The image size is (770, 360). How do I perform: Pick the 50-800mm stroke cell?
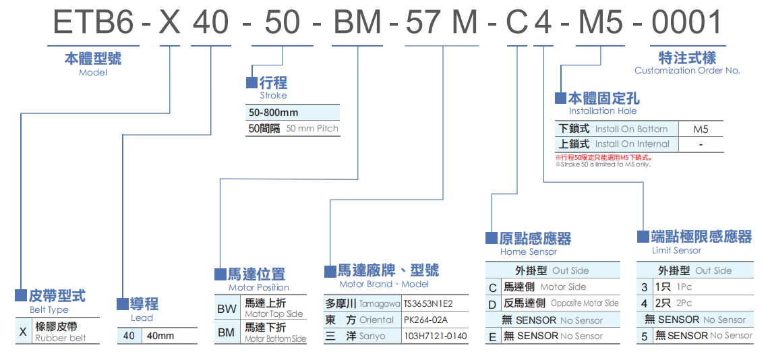pos(273,113)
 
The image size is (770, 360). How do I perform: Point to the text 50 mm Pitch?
pos(312,128)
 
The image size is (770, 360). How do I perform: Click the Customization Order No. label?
pos(686,70)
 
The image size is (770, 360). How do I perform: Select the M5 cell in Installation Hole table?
pos(701,129)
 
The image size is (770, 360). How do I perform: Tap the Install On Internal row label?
pos(632,144)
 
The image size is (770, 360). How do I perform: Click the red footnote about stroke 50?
pos(603,157)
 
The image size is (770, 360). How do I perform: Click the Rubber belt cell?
pos(61,332)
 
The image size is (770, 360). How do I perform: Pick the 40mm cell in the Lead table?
pos(160,336)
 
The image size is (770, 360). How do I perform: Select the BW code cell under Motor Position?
pos(227,309)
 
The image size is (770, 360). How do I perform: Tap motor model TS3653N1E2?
pos(428,303)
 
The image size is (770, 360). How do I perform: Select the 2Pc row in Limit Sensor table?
pos(684,303)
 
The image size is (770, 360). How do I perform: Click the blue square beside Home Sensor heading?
pos(492,238)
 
